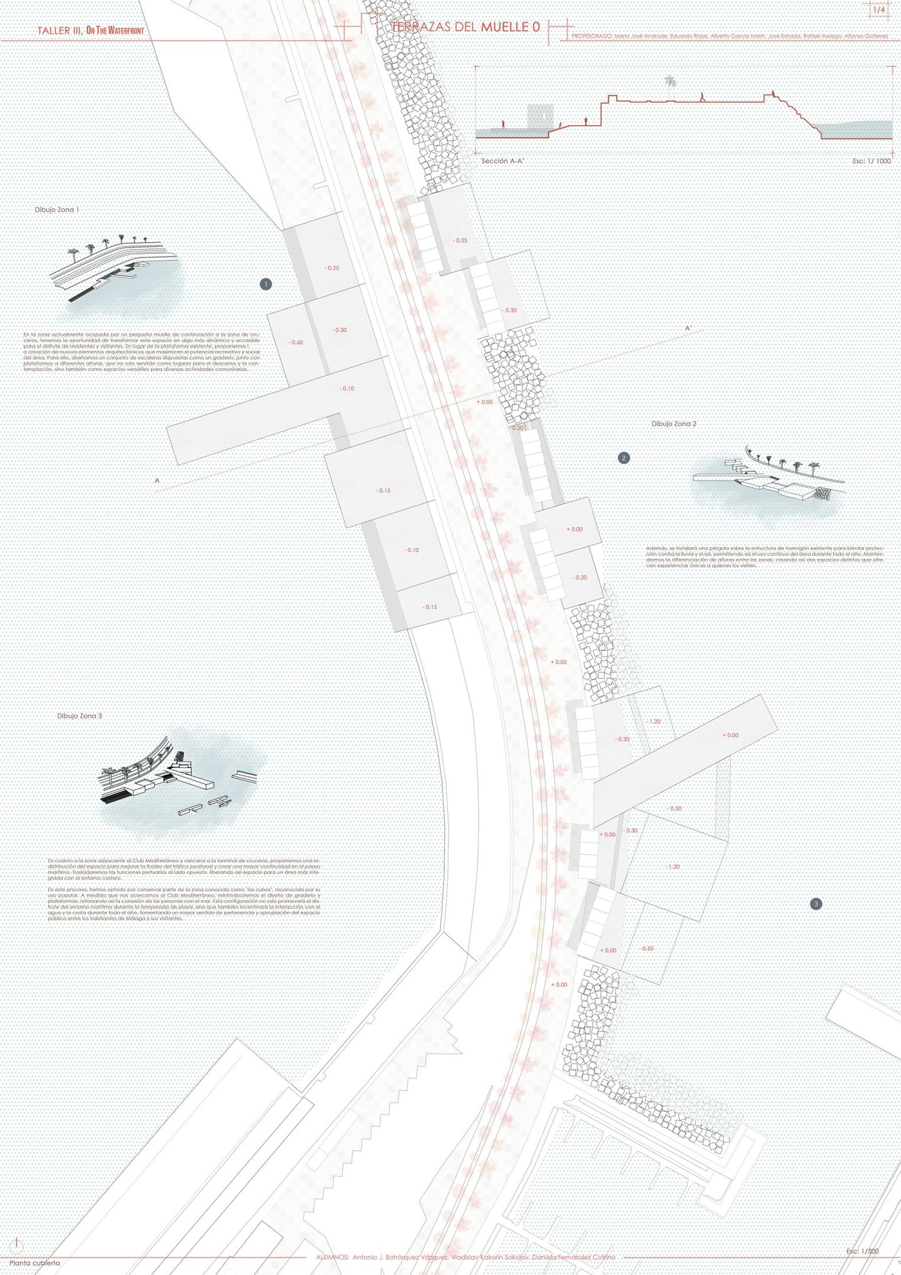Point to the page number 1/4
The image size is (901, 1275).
(x=878, y=11)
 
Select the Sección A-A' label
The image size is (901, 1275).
(x=502, y=161)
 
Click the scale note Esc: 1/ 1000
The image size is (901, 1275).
(x=872, y=161)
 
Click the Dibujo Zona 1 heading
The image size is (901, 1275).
(x=57, y=210)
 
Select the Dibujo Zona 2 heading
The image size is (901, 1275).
(x=674, y=424)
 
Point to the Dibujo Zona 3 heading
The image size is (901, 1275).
(x=79, y=716)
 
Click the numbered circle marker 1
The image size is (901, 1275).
(x=266, y=285)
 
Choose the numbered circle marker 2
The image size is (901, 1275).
(x=623, y=458)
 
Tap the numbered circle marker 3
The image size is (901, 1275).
(x=815, y=904)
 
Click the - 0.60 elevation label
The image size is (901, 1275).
(x=296, y=343)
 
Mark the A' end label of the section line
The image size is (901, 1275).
(x=688, y=328)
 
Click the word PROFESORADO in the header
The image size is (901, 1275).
(x=592, y=36)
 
